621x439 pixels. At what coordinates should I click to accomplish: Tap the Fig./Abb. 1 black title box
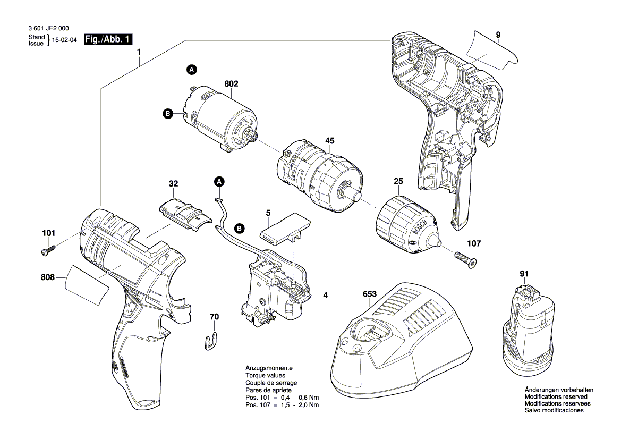click(109, 39)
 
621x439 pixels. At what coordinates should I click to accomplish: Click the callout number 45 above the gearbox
click(329, 141)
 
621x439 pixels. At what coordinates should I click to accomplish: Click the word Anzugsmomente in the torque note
click(269, 368)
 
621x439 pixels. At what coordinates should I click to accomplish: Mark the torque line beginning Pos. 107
click(282, 405)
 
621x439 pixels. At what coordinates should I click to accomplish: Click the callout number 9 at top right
click(498, 35)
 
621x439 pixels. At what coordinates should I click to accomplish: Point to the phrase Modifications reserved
click(556, 396)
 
